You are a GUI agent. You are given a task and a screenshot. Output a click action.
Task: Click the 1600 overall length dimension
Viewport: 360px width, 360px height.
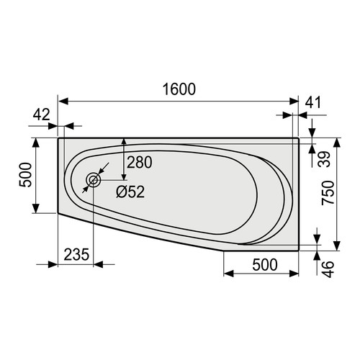[179, 89]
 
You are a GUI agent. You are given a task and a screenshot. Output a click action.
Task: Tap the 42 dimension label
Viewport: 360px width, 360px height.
[41, 114]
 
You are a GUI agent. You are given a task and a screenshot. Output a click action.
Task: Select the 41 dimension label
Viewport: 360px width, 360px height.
[313, 102]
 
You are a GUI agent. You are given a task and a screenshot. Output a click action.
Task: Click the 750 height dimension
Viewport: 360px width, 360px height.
[328, 193]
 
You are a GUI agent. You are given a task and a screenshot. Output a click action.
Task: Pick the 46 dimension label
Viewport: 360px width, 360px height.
[328, 269]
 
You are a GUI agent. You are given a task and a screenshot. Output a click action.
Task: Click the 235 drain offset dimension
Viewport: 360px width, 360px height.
[76, 254]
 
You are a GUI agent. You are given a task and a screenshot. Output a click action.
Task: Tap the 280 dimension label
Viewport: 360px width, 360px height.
[139, 162]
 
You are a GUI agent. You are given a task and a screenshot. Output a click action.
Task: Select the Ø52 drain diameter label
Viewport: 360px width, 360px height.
[130, 192]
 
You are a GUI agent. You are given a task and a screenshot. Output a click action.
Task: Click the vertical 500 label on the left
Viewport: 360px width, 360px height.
[25, 175]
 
